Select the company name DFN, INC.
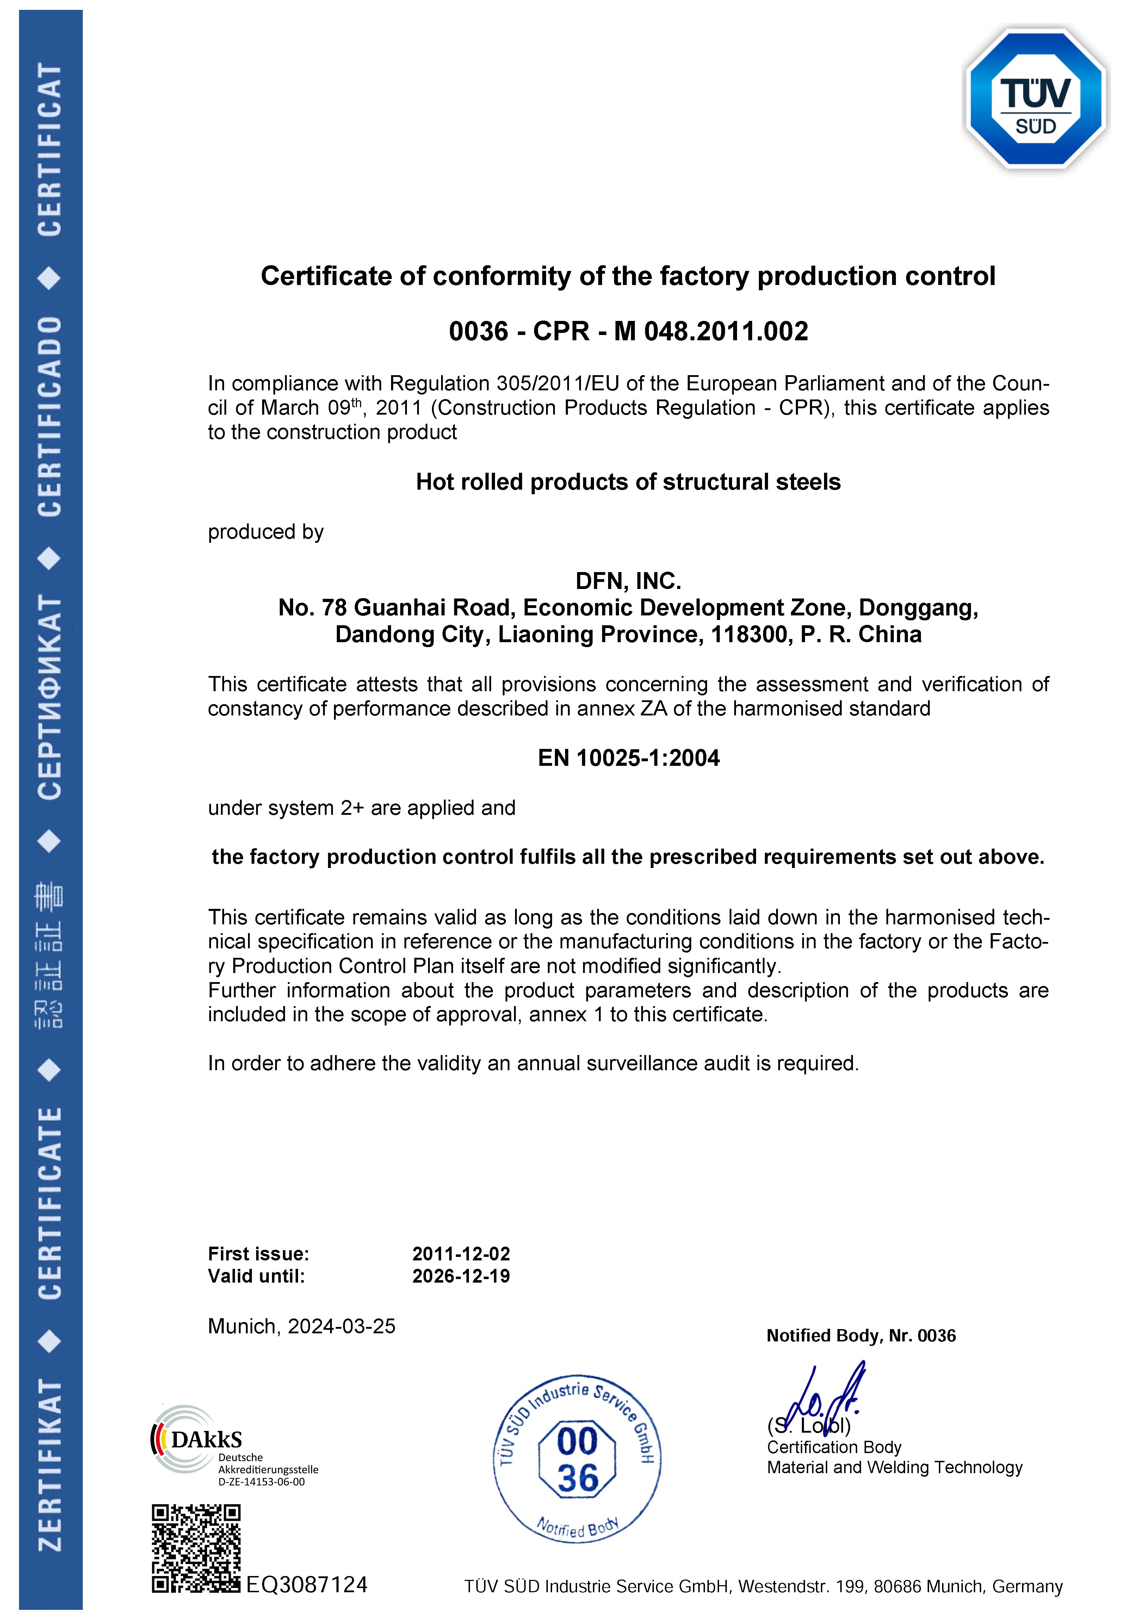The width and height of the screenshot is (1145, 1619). [628, 581]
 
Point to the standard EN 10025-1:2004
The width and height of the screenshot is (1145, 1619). [628, 758]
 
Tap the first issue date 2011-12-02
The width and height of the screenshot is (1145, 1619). [461, 1254]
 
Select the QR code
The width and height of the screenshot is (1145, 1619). [196, 1548]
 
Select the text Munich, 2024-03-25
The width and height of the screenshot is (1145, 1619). [302, 1326]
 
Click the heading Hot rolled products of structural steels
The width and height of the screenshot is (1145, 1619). [628, 482]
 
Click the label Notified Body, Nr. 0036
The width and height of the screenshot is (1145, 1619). [861, 1335]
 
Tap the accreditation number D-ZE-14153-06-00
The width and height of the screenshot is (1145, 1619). [261, 1482]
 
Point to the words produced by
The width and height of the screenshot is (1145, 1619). [266, 532]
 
